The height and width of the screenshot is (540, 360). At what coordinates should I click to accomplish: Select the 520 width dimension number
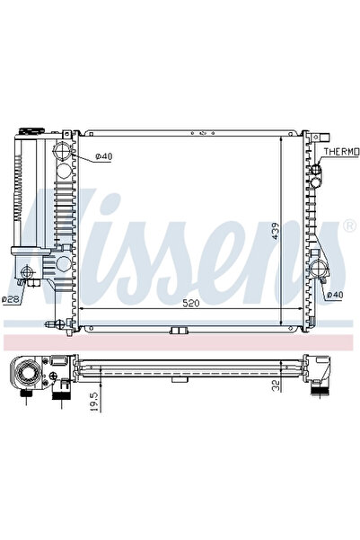click(x=191, y=304)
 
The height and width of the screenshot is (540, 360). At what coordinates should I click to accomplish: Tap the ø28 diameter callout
click(x=11, y=299)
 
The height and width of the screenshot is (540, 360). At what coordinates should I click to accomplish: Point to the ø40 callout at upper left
click(x=103, y=158)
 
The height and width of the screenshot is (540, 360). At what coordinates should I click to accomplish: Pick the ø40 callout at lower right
click(x=334, y=294)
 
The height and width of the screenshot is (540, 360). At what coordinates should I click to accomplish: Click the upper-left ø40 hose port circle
click(x=65, y=149)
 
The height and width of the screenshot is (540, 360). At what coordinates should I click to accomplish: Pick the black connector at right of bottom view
click(x=318, y=389)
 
